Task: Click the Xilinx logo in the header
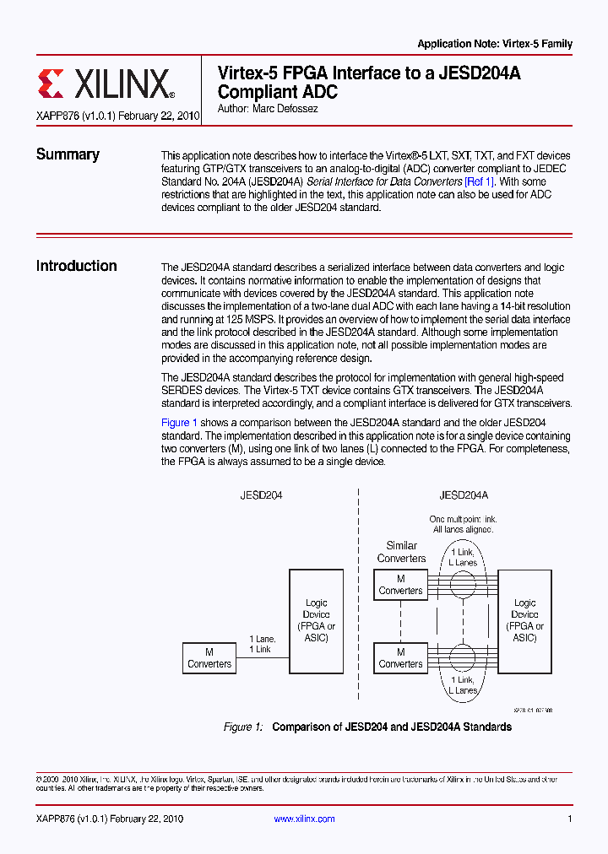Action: point(106,84)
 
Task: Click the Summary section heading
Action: point(68,154)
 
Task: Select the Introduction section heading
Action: point(76,266)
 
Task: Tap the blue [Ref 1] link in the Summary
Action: point(480,181)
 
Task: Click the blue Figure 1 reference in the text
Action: point(179,423)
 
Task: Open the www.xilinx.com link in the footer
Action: point(305,819)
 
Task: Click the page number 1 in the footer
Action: point(570,819)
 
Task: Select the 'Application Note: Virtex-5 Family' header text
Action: point(495,44)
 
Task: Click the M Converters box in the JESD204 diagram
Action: point(209,658)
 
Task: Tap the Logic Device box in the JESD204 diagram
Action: point(316,620)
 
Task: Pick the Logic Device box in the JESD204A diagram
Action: point(524,620)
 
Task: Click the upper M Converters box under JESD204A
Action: point(400,585)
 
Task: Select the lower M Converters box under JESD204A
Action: point(400,658)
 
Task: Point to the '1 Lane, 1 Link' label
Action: point(263,644)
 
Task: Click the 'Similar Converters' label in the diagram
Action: point(401,552)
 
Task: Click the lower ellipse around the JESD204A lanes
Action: point(462,657)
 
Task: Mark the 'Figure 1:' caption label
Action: point(243,727)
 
